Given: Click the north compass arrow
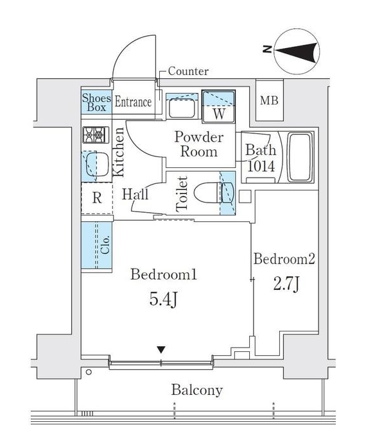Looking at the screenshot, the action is (x=297, y=53).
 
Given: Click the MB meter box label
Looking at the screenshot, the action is (x=269, y=100).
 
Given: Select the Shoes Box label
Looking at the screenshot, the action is (x=96, y=103).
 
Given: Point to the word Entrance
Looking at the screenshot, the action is (x=133, y=102).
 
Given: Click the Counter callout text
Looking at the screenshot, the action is (x=188, y=71).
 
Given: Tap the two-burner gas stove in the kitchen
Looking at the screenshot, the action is (x=96, y=135).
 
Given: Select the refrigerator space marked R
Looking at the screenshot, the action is (x=97, y=198).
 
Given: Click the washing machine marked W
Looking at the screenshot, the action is (x=218, y=106).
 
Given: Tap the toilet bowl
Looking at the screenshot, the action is (x=206, y=193).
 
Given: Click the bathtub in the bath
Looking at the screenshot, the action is (x=301, y=157).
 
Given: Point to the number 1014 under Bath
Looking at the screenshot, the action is (x=261, y=166).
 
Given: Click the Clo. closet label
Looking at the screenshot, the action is (x=105, y=245).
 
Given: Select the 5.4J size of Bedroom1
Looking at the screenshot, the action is (x=163, y=300).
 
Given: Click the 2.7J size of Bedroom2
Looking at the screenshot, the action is (x=286, y=284).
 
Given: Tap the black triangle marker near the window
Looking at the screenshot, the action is (x=161, y=350).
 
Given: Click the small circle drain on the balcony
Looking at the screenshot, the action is (x=89, y=372).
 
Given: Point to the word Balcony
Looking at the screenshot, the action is (x=197, y=390).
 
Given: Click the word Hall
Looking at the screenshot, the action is (x=135, y=194).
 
